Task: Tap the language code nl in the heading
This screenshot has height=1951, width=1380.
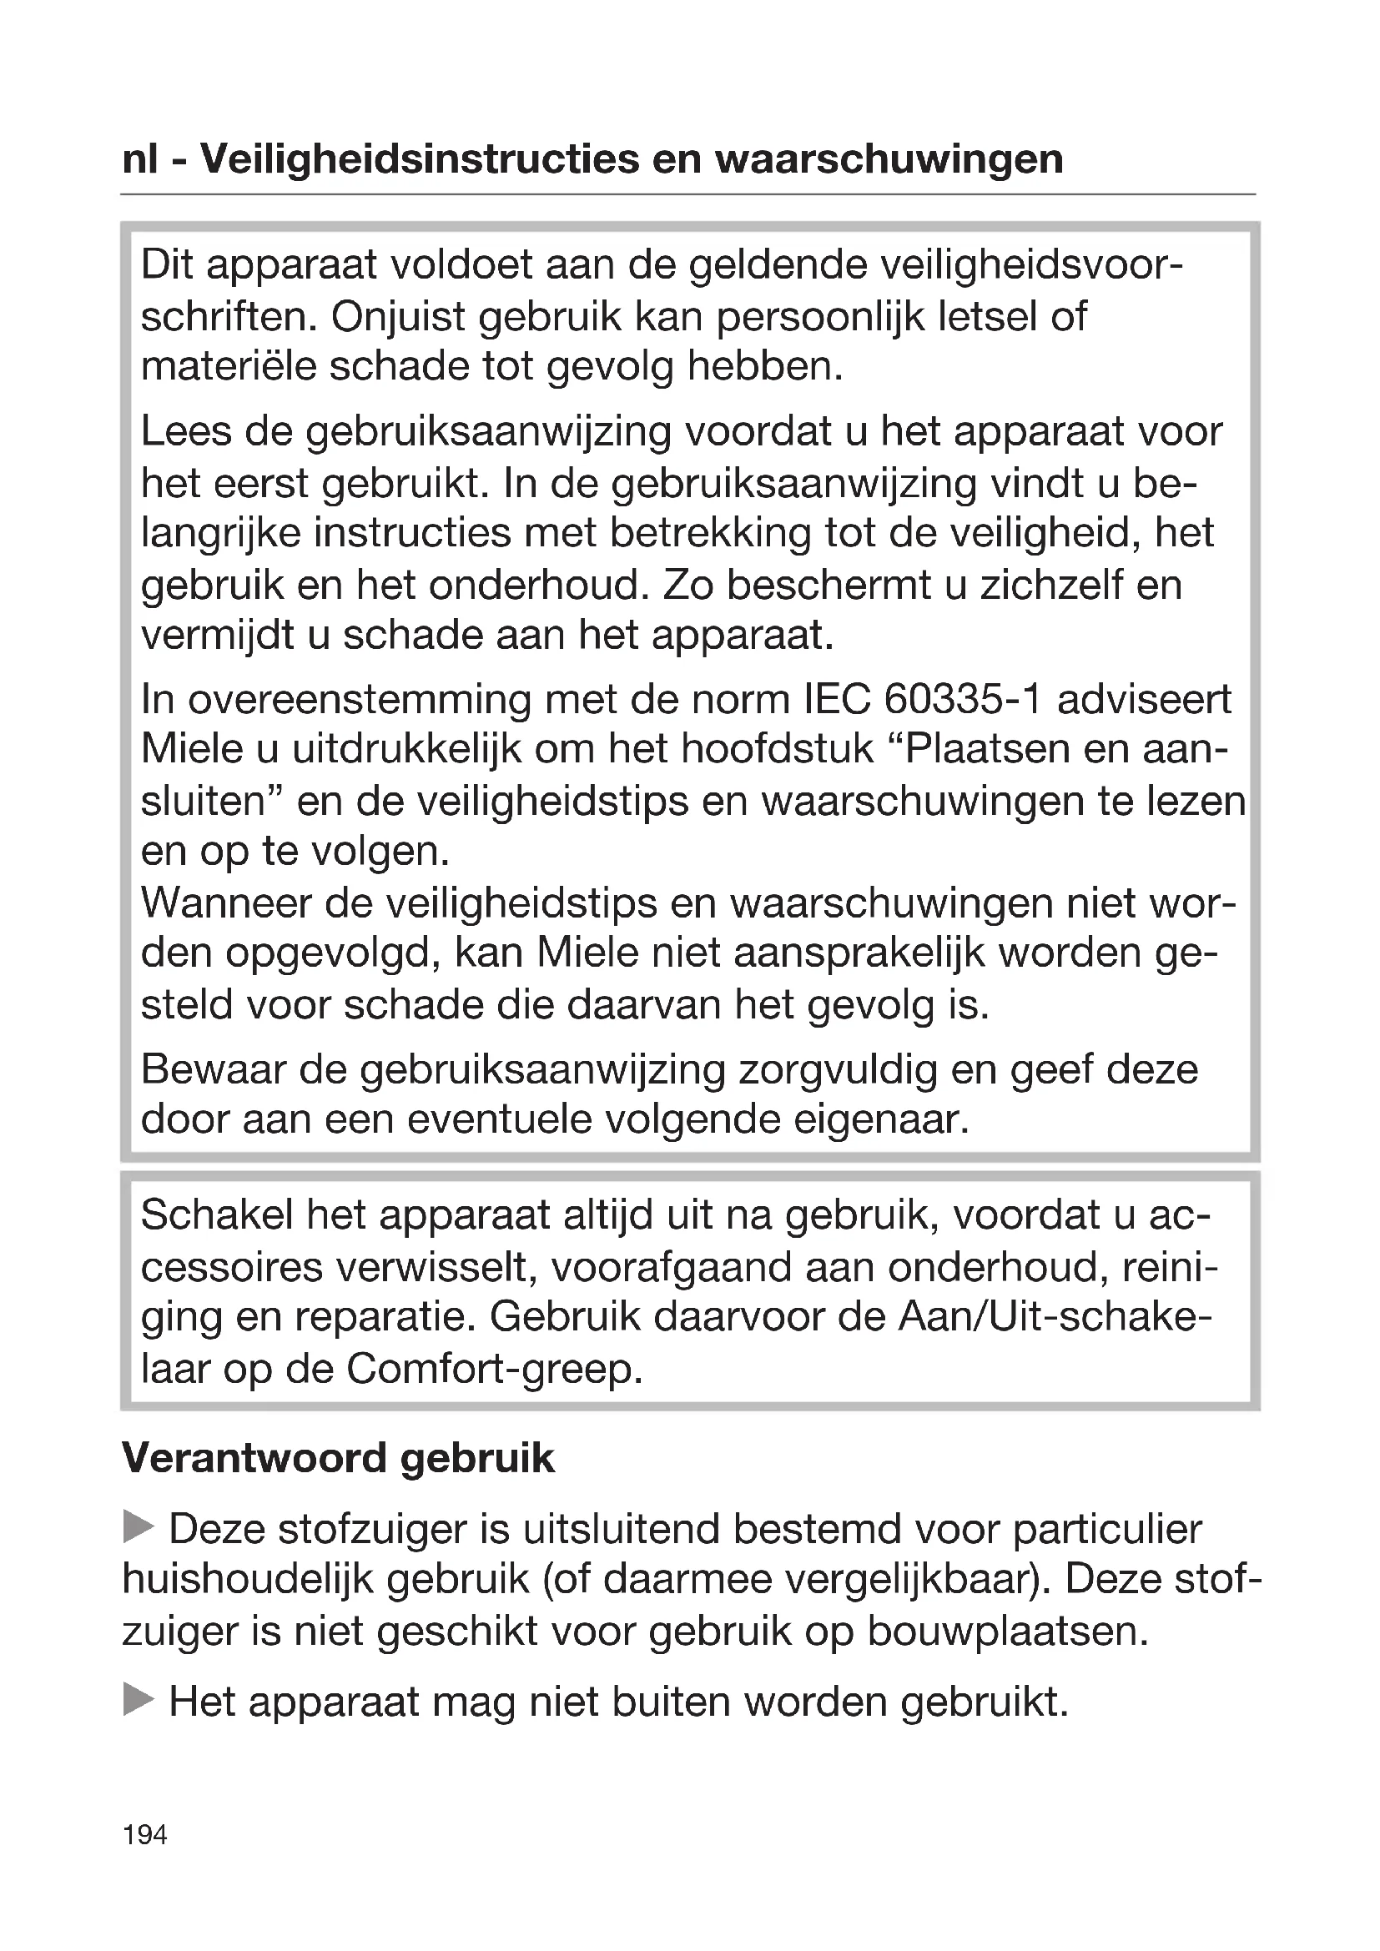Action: click(140, 159)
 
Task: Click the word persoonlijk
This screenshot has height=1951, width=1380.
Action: click(819, 317)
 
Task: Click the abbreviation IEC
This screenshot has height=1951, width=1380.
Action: click(836, 699)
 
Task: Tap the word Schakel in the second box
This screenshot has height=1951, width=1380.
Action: click(217, 1216)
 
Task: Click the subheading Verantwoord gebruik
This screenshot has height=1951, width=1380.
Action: click(338, 1459)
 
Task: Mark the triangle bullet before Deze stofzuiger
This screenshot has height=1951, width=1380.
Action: click(138, 1527)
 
